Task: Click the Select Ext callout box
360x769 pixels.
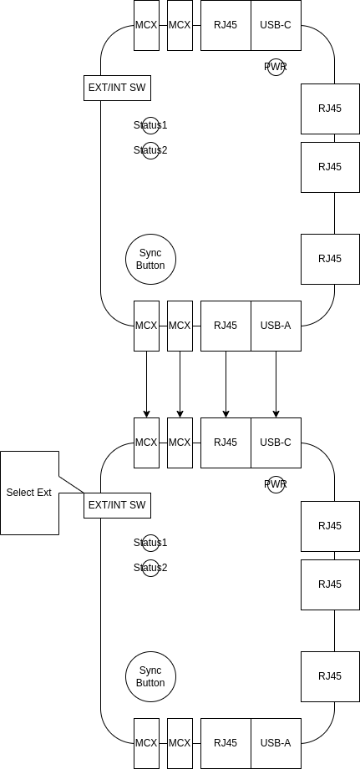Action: tap(29, 493)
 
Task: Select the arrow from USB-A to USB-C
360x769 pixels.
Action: tap(276, 384)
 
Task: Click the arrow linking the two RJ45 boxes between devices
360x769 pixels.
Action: tap(226, 384)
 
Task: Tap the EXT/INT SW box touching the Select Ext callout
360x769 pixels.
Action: tap(117, 505)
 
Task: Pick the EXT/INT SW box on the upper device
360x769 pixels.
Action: tap(117, 88)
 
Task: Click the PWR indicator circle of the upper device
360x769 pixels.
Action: tap(276, 67)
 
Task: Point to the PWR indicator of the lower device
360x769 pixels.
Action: tap(276, 484)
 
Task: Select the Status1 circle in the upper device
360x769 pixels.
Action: tap(150, 125)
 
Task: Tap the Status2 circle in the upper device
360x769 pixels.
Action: tap(150, 150)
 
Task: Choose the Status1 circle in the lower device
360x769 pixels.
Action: tap(150, 543)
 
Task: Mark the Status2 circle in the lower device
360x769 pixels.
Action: tap(150, 568)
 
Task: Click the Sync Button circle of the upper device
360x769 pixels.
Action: tap(150, 259)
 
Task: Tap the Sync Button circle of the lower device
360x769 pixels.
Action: tap(150, 676)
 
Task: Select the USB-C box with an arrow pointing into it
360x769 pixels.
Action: tap(276, 443)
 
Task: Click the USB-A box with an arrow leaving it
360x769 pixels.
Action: tap(276, 326)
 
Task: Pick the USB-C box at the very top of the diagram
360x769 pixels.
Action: tap(276, 25)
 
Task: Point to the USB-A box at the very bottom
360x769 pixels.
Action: tap(276, 743)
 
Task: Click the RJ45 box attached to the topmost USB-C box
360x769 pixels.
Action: tap(226, 25)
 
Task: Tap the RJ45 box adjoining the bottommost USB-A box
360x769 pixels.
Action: tap(226, 743)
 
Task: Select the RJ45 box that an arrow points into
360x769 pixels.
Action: tap(226, 443)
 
